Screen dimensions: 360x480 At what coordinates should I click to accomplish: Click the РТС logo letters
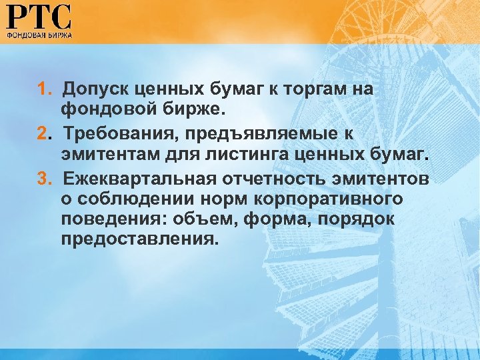(x=39, y=16)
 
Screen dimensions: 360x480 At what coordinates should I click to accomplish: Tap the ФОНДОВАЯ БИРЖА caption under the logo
(x=39, y=33)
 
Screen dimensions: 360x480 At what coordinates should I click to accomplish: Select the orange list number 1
(x=42, y=89)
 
